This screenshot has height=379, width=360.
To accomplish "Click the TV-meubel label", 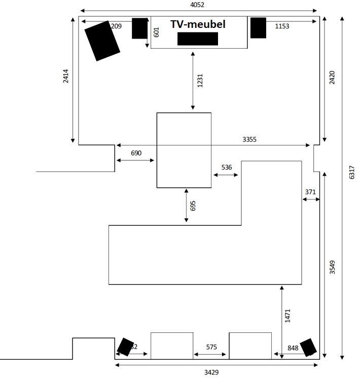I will pyautogui.click(x=198, y=24).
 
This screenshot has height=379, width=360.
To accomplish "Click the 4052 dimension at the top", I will pyautogui.click(x=197, y=5).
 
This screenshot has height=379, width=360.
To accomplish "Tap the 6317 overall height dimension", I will pyautogui.click(x=352, y=172).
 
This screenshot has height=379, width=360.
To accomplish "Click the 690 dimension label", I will pyautogui.click(x=136, y=153).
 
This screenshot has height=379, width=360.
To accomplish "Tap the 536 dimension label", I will pyautogui.click(x=227, y=167).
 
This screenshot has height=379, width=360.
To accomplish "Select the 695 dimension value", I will pyautogui.click(x=193, y=205).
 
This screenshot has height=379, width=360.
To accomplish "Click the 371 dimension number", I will pyautogui.click(x=310, y=192).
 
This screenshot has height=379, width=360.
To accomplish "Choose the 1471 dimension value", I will pyautogui.click(x=288, y=316).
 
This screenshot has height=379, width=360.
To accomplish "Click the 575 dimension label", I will pyautogui.click(x=211, y=348).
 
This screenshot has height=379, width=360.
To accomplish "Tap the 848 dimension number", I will pyautogui.click(x=293, y=348).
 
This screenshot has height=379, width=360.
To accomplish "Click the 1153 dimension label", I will pyautogui.click(x=282, y=26).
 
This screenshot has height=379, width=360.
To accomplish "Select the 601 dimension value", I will pyautogui.click(x=156, y=32).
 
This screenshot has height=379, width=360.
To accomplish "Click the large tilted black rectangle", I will pyautogui.click(x=102, y=41).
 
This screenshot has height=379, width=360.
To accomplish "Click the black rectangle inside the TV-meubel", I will pyautogui.click(x=198, y=39).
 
